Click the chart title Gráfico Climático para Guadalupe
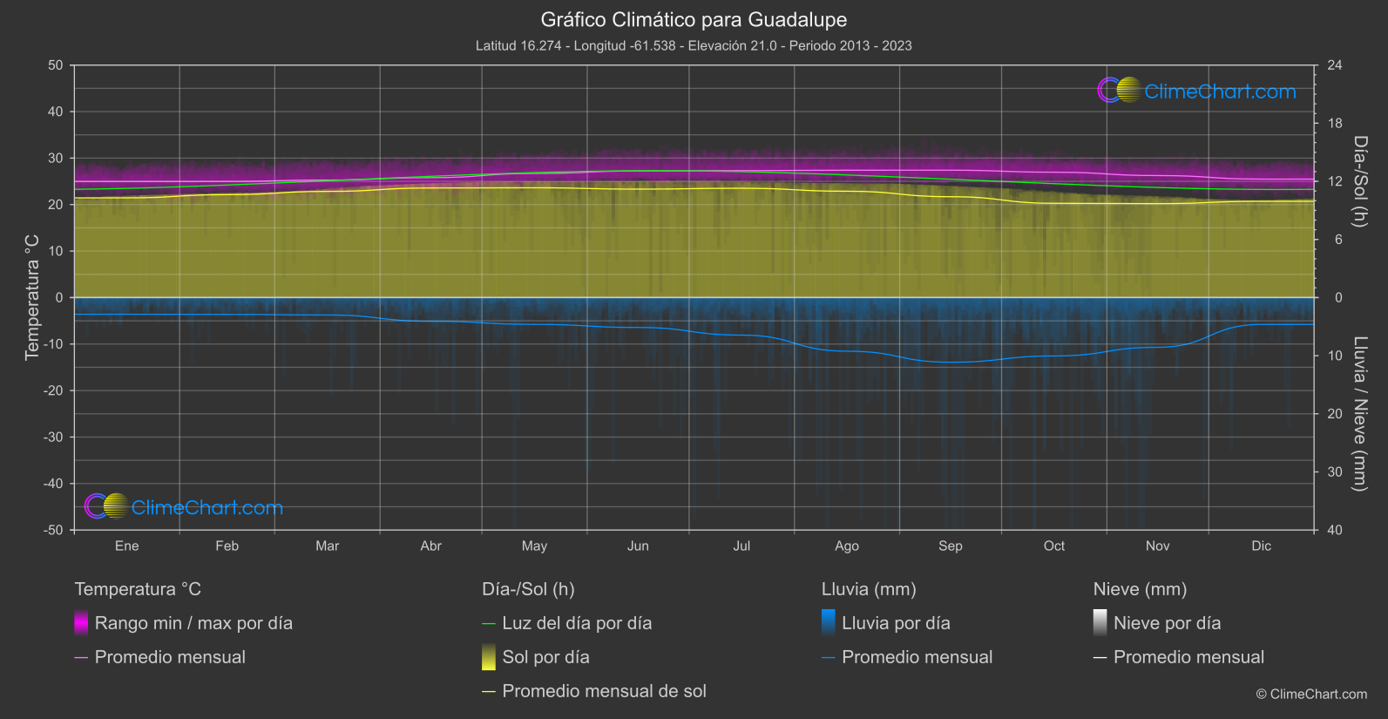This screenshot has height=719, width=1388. tap(694, 19)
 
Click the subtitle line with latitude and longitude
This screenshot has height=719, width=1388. tap(694, 45)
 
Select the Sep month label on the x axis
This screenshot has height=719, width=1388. tap(950, 546)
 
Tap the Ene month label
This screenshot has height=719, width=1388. tap(126, 546)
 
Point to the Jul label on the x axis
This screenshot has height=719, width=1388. tap(741, 546)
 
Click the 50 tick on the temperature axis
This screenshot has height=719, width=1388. tap(56, 65)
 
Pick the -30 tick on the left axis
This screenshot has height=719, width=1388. tap(54, 437)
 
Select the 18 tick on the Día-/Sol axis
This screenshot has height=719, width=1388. tap(1335, 123)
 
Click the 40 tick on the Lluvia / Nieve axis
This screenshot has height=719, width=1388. tap(1335, 530)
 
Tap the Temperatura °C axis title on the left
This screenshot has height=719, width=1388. tap(32, 296)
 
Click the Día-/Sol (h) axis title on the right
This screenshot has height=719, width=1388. tap(1360, 181)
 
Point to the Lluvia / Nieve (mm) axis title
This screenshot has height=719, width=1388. tap(1360, 413)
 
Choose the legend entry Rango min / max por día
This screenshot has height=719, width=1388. tap(193, 623)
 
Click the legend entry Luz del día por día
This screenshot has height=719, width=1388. tap(577, 623)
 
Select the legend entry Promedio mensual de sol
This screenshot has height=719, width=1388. tap(604, 691)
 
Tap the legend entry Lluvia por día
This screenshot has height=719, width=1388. tap(896, 623)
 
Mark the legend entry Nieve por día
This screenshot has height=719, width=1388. tap(1167, 623)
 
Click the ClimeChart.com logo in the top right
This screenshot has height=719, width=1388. tap(1197, 91)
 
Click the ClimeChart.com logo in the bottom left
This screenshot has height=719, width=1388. tap(184, 507)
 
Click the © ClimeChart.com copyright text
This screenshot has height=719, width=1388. tap(1311, 694)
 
